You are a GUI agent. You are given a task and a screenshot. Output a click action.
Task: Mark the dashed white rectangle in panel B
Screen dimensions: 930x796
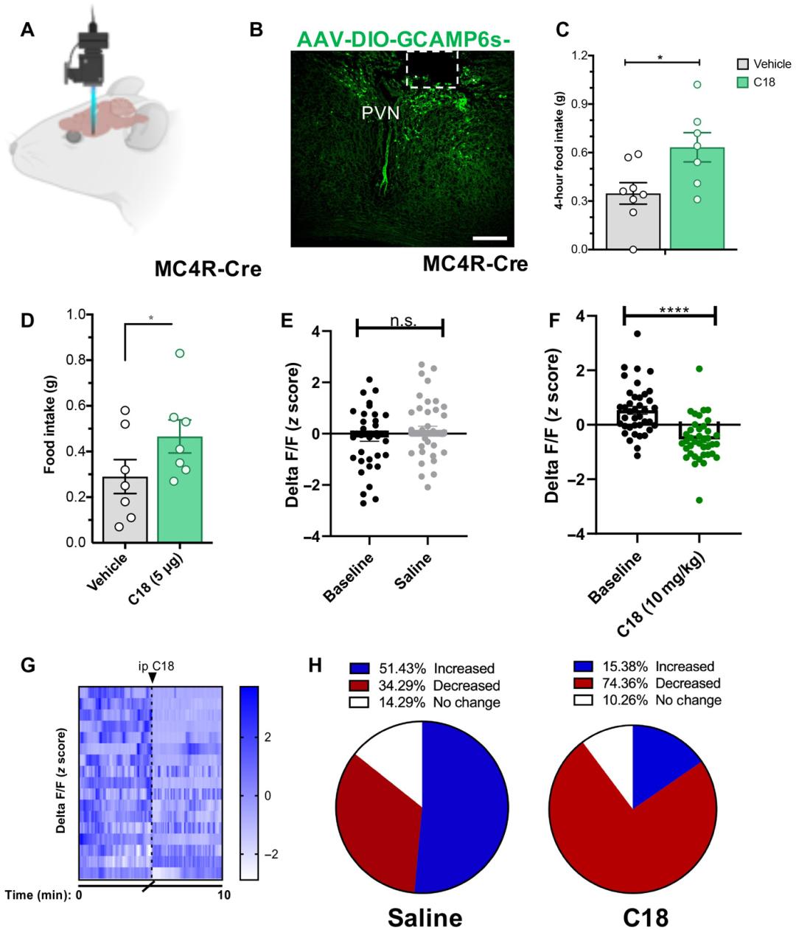point(433,69)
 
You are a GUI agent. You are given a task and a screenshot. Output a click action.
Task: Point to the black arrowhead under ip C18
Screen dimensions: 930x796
point(152,678)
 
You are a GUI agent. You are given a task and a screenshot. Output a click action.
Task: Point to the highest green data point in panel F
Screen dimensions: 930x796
point(698,369)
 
